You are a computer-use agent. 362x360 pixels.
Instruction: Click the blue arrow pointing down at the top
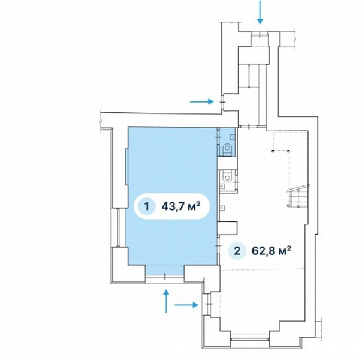260,12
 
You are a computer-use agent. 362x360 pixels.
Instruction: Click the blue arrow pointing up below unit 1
166,301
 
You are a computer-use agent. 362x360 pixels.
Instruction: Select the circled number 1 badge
147,206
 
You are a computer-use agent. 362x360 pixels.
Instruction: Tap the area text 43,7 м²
181,206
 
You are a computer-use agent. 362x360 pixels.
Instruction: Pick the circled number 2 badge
237,250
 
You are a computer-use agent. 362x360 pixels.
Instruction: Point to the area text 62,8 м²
271,250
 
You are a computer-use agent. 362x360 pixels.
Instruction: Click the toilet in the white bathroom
228,176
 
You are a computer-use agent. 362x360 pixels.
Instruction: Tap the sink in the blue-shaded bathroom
233,137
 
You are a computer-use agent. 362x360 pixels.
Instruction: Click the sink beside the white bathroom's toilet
222,185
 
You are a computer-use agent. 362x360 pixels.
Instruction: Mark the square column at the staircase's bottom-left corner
288,205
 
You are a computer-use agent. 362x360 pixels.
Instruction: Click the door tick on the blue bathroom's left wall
218,137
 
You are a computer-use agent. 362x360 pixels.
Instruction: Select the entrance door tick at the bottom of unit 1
165,275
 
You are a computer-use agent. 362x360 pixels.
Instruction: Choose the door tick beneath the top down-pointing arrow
260,35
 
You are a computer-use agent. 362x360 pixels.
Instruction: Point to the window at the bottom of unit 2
250,339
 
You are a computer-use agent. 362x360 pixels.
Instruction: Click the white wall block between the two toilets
228,163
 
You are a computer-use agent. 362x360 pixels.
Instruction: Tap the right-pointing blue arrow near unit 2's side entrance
186,305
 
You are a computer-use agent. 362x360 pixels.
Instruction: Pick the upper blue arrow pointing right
201,101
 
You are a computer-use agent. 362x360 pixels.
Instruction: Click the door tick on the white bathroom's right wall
237,182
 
